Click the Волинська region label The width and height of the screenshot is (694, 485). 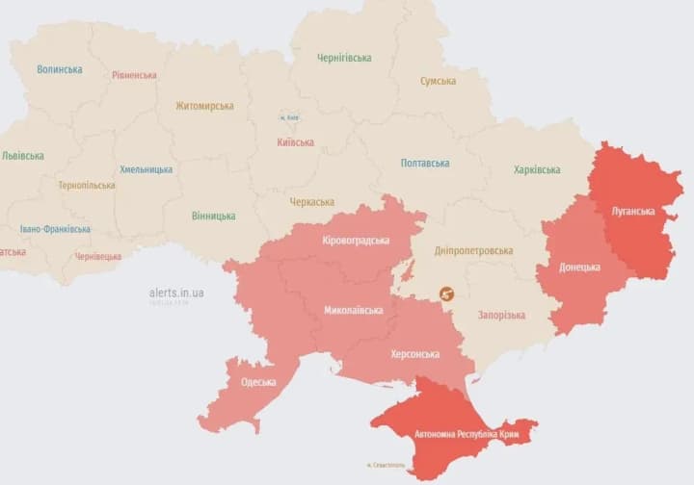(x=60, y=69)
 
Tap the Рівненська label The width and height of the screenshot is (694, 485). (x=134, y=75)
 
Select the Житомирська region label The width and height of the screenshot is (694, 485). (x=204, y=106)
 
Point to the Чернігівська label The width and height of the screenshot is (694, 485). (x=344, y=58)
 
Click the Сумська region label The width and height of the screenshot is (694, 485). (x=438, y=81)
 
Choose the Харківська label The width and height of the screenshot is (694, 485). (x=537, y=170)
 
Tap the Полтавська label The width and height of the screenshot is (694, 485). (x=425, y=164)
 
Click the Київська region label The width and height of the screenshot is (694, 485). (x=295, y=142)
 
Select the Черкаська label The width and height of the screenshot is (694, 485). (x=311, y=202)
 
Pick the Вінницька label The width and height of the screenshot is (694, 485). (x=213, y=217)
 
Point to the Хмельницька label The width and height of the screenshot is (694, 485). (x=147, y=169)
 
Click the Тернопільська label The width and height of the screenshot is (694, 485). (x=86, y=186)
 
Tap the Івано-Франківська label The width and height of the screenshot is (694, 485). (x=55, y=229)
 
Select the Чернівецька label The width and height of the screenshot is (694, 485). (x=98, y=257)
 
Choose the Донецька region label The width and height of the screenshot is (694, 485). (x=579, y=267)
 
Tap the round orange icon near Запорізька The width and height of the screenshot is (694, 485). (x=446, y=294)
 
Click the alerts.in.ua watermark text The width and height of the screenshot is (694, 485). (x=176, y=293)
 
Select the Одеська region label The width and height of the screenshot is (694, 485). (x=258, y=382)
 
